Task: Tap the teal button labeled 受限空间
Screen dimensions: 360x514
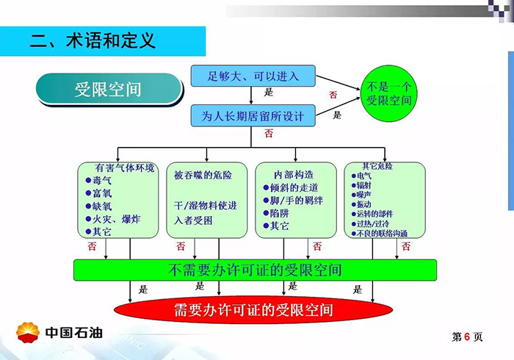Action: pos(108,90)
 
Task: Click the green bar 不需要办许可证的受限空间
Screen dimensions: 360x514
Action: pos(255,270)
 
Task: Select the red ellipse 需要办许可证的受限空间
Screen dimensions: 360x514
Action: pos(253,309)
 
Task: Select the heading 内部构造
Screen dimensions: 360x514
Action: pos(293,175)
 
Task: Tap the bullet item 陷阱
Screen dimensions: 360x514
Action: pos(280,213)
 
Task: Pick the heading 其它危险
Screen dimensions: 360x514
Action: pos(377,166)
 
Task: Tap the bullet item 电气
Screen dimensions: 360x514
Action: pos(363,176)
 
